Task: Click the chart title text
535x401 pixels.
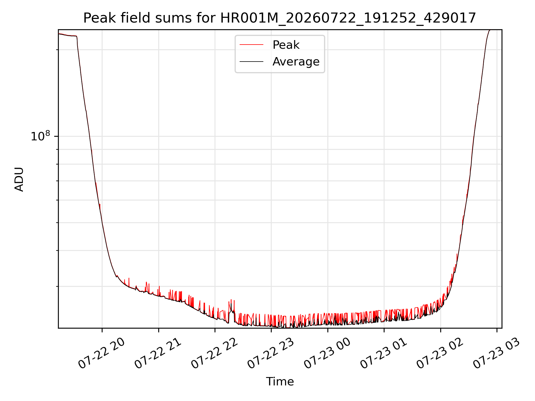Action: (x=279, y=18)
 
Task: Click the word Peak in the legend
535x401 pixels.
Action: (x=286, y=45)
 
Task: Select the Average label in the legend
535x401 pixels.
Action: (x=296, y=62)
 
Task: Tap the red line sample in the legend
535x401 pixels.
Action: (x=251, y=45)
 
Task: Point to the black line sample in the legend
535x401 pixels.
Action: (x=251, y=61)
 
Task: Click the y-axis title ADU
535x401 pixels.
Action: (x=19, y=179)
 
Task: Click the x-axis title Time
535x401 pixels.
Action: (x=280, y=382)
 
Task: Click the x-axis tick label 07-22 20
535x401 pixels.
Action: (x=101, y=354)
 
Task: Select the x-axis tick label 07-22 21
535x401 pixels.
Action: (x=158, y=354)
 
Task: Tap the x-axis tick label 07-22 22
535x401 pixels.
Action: (x=214, y=354)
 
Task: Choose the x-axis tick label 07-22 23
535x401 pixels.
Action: (x=271, y=354)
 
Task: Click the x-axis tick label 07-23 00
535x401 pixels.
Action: (x=327, y=354)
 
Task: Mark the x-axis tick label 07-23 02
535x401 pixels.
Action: (x=440, y=354)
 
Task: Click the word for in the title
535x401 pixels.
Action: (x=206, y=18)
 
